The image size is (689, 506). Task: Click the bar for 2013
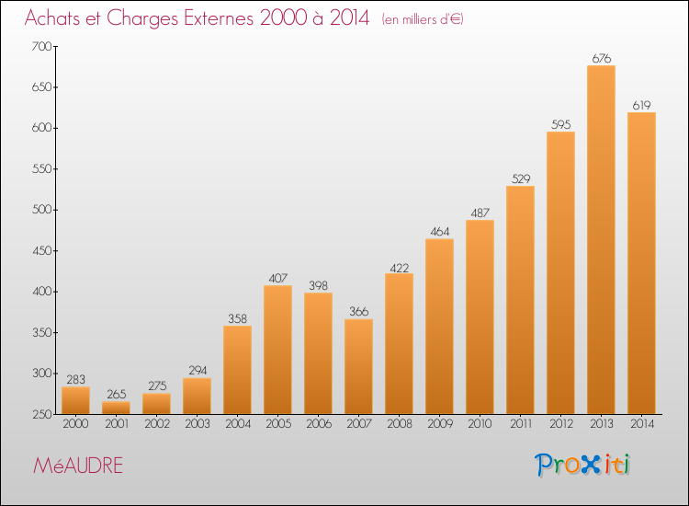(x=601, y=240)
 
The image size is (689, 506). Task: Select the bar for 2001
(x=116, y=408)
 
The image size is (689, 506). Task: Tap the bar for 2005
(x=277, y=350)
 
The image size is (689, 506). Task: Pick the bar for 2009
(x=439, y=327)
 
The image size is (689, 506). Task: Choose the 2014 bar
(x=641, y=263)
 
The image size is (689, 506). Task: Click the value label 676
(x=602, y=58)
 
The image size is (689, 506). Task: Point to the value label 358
(x=237, y=318)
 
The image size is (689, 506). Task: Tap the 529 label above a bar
(x=521, y=178)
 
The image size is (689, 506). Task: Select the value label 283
(x=75, y=379)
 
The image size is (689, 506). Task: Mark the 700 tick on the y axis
(x=41, y=46)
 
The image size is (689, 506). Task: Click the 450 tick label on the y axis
(x=41, y=251)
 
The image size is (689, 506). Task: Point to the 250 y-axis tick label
(x=41, y=415)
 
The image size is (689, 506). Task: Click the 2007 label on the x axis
(x=359, y=424)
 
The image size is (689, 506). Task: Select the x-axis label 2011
(x=521, y=424)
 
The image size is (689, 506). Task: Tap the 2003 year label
(x=198, y=424)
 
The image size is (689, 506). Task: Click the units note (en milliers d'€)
(x=423, y=19)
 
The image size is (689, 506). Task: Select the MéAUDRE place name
(x=78, y=466)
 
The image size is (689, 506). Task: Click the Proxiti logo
(x=582, y=465)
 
